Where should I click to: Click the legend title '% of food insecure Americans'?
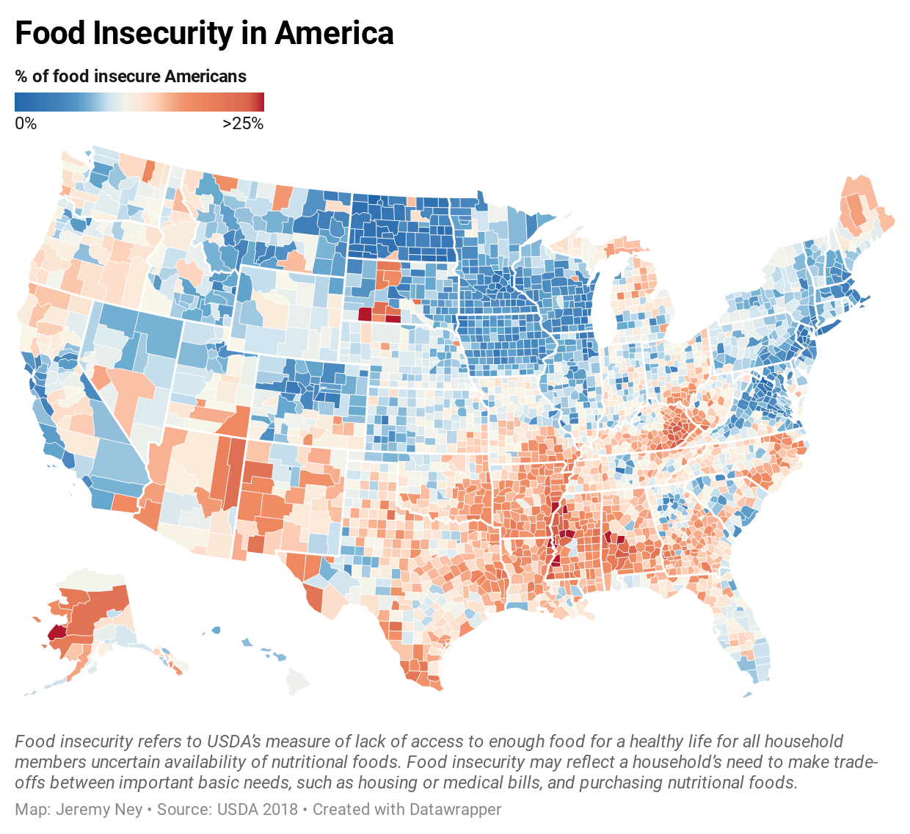(131, 76)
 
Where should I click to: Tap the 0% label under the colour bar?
(26, 123)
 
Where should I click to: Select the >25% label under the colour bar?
(243, 123)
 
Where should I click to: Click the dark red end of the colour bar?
(258, 101)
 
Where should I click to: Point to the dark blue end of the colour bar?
(21, 101)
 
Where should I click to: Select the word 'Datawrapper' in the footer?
(455, 810)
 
